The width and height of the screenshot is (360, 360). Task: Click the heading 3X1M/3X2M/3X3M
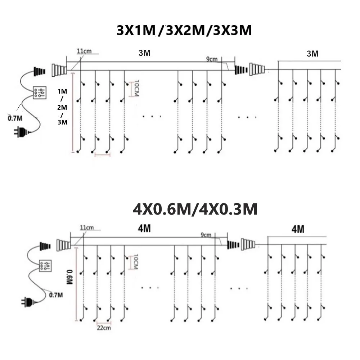tap(184, 31)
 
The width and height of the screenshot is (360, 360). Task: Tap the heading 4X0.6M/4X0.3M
tap(195, 209)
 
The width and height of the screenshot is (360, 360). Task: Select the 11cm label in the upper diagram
tap(84, 51)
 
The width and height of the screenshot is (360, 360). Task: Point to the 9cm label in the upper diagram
tap(212, 59)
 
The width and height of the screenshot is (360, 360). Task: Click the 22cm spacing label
tap(104, 328)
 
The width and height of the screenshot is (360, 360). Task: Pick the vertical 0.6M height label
tap(70, 277)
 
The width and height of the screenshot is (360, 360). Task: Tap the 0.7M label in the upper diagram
tap(14, 117)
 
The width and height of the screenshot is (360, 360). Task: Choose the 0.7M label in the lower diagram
tap(56, 295)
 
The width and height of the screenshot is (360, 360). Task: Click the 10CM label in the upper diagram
tap(136, 88)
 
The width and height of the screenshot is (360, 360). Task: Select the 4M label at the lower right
tap(298, 229)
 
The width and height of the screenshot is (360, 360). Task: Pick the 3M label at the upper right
tap(312, 54)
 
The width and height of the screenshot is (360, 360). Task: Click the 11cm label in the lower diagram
tap(86, 227)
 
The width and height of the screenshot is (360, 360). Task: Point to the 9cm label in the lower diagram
tap(206, 235)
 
